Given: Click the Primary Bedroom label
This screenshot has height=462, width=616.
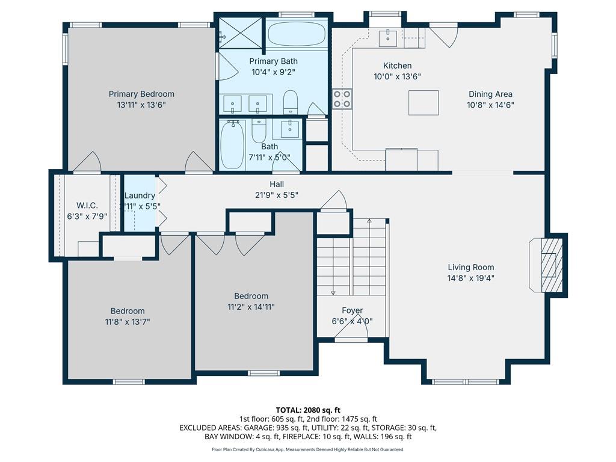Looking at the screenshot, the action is click(141, 94).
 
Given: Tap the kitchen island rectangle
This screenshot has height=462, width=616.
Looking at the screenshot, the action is click(423, 102).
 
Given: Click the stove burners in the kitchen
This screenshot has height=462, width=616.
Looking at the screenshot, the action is click(342, 99).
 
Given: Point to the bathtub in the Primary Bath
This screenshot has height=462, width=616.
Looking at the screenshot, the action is click(297, 34).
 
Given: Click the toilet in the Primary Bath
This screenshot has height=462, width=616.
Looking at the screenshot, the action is click(291, 102).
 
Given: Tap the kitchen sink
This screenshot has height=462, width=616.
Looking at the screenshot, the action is click(388, 38).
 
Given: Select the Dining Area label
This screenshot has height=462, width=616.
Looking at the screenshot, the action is click(490, 94).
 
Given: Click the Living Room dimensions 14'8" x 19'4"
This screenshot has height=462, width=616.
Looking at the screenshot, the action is click(470, 278).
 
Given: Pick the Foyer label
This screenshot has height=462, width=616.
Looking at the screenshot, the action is click(352, 310).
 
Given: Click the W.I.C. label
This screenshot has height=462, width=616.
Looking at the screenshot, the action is click(87, 206).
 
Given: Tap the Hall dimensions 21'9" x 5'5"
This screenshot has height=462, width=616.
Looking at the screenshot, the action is click(277, 194).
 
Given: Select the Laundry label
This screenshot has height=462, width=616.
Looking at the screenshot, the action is click(140, 196).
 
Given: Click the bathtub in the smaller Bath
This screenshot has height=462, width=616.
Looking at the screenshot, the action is click(233, 145).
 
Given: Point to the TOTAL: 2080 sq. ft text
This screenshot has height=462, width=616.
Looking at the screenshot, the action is click(308, 410).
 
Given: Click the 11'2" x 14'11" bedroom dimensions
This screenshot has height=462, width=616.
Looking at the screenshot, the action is click(251, 307).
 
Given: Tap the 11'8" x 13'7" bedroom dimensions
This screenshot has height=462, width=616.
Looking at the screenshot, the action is click(128, 322).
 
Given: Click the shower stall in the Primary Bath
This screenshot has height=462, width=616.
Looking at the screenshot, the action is click(239, 33).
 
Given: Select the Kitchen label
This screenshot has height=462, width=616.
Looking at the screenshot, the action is click(397, 66).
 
